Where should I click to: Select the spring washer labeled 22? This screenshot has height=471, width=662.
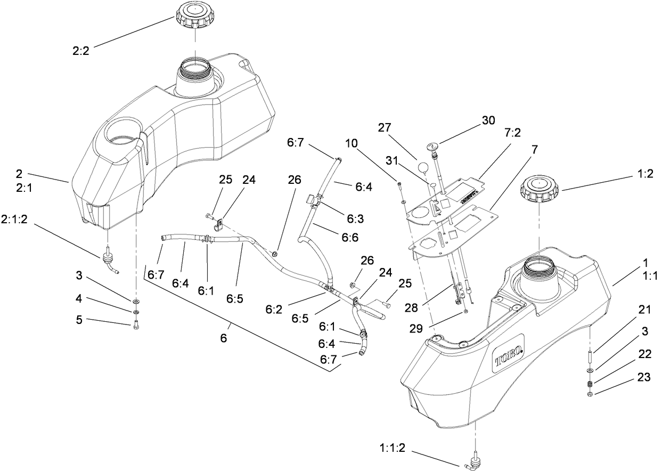click(x=591, y=384)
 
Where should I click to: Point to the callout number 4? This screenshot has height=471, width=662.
click(x=78, y=305)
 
